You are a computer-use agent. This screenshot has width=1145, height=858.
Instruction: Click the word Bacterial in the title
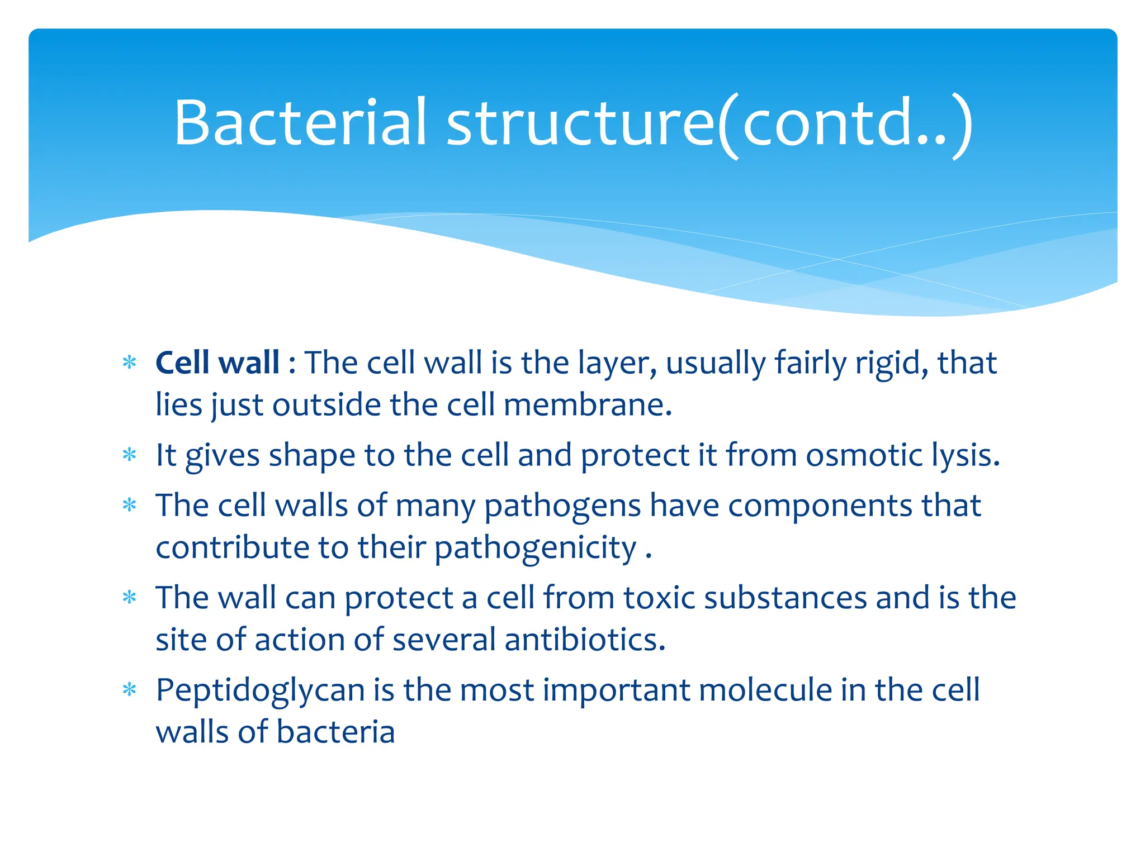(300, 122)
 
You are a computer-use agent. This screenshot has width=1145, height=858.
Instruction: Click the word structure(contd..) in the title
(710, 123)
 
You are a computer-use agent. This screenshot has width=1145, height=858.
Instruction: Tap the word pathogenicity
(536, 548)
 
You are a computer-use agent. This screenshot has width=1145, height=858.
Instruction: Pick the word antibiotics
(585, 639)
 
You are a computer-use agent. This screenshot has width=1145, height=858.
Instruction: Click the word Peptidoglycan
(260, 690)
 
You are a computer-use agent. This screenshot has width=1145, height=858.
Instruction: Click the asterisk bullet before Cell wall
(130, 363)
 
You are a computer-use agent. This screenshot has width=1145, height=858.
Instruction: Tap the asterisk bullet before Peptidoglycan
(130, 690)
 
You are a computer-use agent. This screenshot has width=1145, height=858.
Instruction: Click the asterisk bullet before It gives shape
(130, 455)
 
